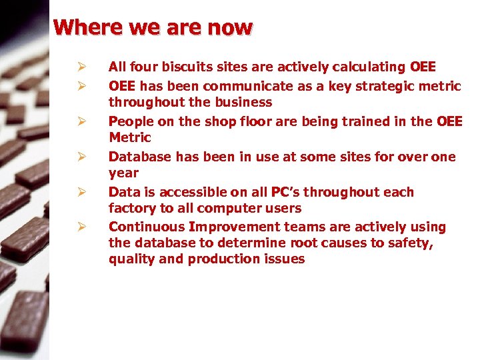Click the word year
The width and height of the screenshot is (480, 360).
click(x=123, y=173)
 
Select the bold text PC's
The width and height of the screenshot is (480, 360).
click(x=285, y=192)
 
